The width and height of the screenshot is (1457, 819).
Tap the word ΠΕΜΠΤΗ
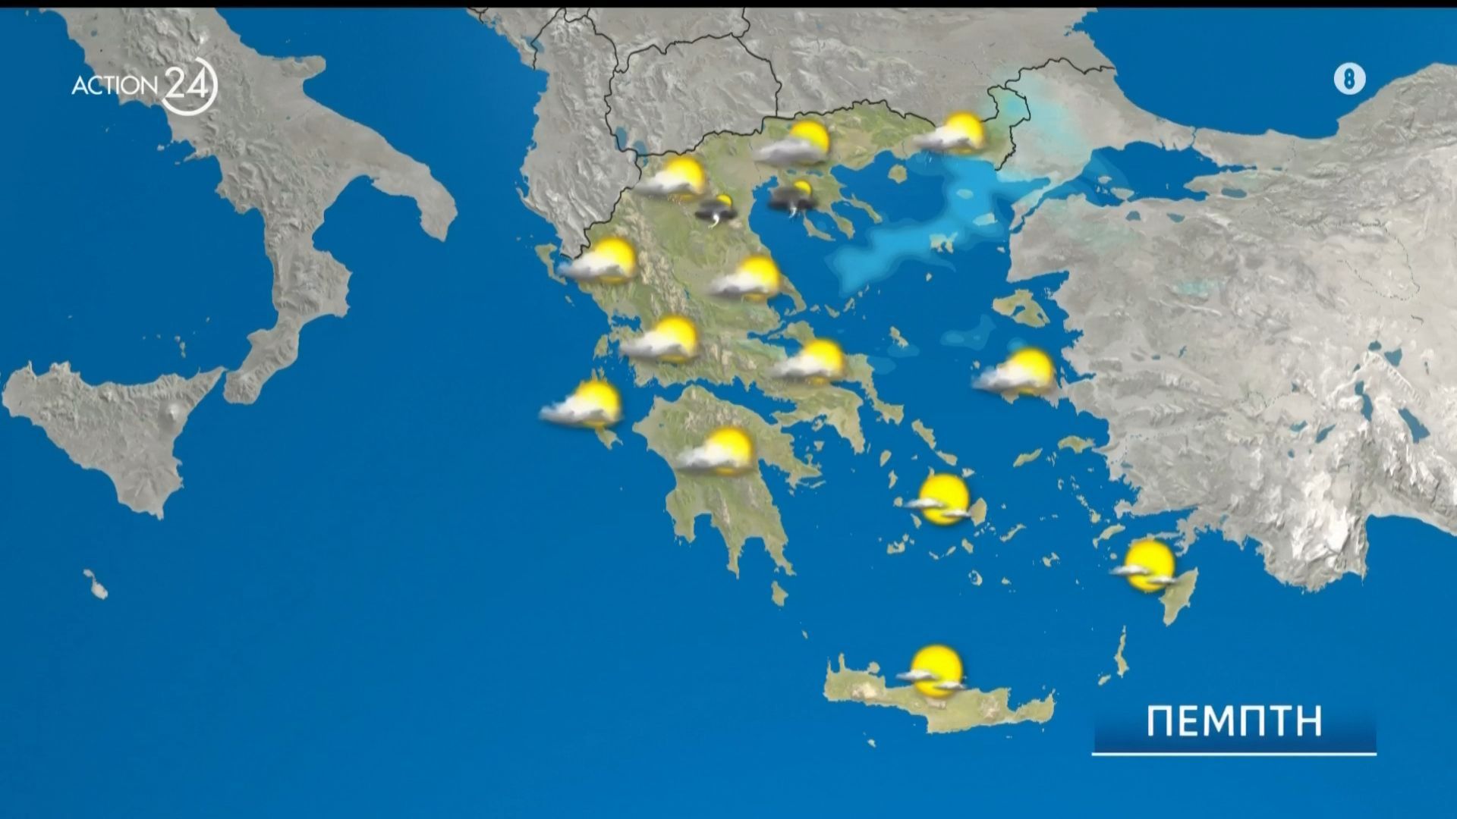pyautogui.click(x=1234, y=721)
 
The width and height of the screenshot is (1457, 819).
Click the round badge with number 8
pyautogui.click(x=1349, y=80)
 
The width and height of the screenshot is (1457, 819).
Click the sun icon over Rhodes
pyautogui.click(x=1147, y=566)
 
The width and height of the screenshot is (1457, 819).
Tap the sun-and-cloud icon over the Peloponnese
pyautogui.click(x=717, y=452)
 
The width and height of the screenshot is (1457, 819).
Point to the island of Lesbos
pyautogui.click(x=1020, y=307)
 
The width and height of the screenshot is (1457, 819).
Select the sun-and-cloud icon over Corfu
pyautogui.click(x=599, y=262)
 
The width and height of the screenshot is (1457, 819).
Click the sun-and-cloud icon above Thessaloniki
pyautogui.click(x=797, y=144)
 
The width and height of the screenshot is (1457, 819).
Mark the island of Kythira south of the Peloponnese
pyautogui.click(x=779, y=593)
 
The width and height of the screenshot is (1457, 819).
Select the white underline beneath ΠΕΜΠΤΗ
pyautogui.click(x=1234, y=754)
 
